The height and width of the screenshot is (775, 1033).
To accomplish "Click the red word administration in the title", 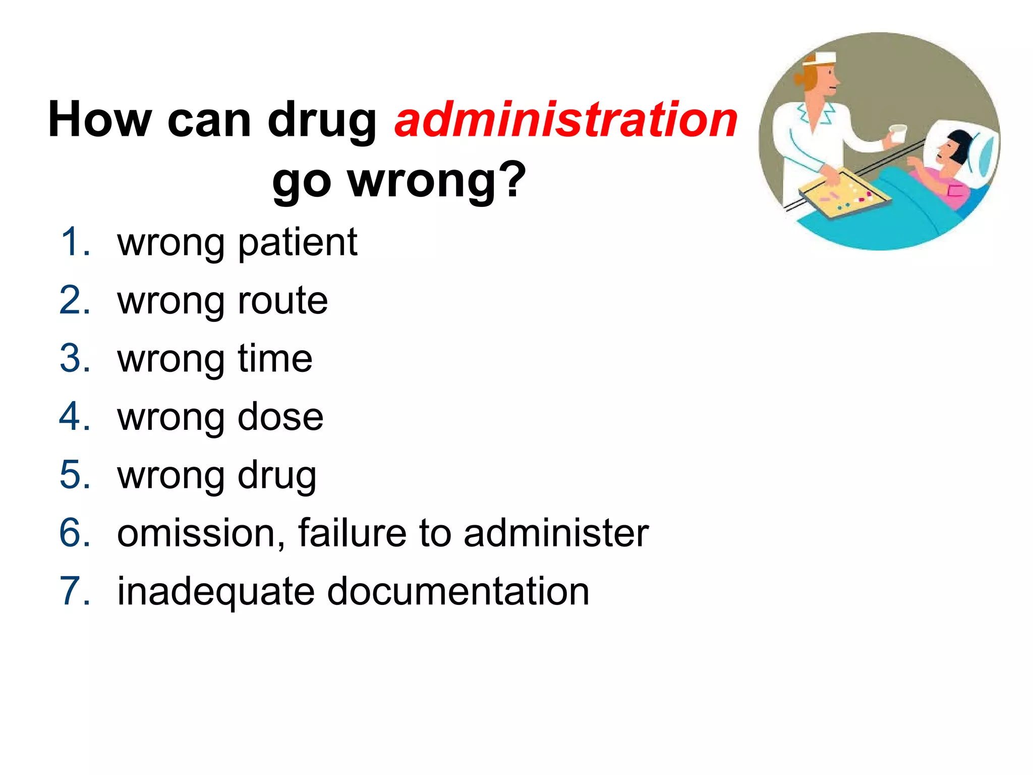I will click(x=566, y=120).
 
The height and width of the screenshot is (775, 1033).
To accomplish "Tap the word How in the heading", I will click(x=99, y=120).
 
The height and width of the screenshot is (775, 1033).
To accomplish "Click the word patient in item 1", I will click(x=297, y=243).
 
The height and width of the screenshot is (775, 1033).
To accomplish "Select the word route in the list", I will click(x=282, y=301).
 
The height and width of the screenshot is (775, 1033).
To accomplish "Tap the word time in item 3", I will click(x=275, y=359).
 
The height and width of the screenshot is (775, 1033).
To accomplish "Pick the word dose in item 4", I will click(x=280, y=417).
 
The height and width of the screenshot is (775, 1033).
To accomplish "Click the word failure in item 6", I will click(x=352, y=533).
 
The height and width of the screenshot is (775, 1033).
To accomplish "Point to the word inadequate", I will click(x=216, y=592).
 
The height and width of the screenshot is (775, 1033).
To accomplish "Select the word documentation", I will click(x=458, y=591).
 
